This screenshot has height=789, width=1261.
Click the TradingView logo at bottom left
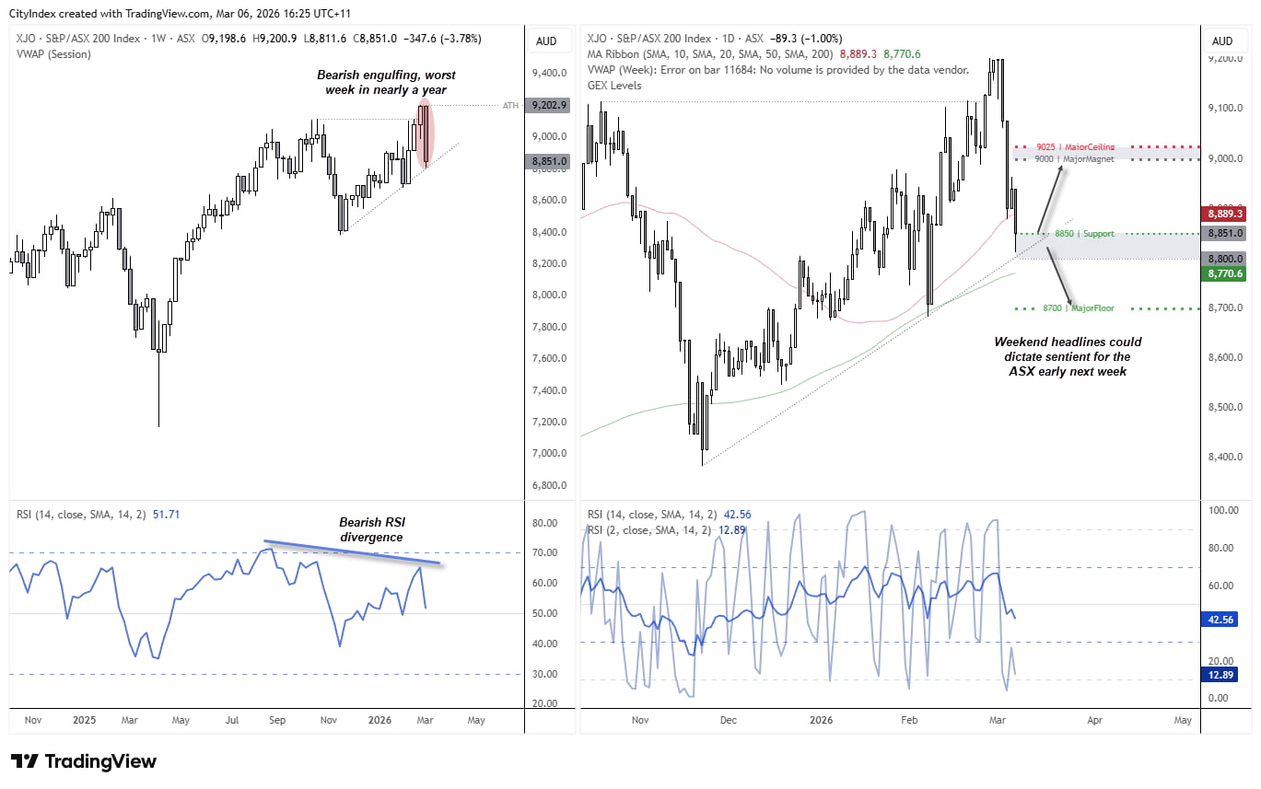[x=84, y=761]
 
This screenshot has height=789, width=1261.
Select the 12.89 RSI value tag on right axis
[x=1222, y=676]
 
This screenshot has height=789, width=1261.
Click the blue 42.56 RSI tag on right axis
[x=1222, y=620]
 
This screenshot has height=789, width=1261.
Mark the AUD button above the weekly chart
[x=546, y=41]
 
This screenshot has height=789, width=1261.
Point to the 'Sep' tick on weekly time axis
[x=277, y=720]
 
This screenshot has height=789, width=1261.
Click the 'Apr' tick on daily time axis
[x=1093, y=720]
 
